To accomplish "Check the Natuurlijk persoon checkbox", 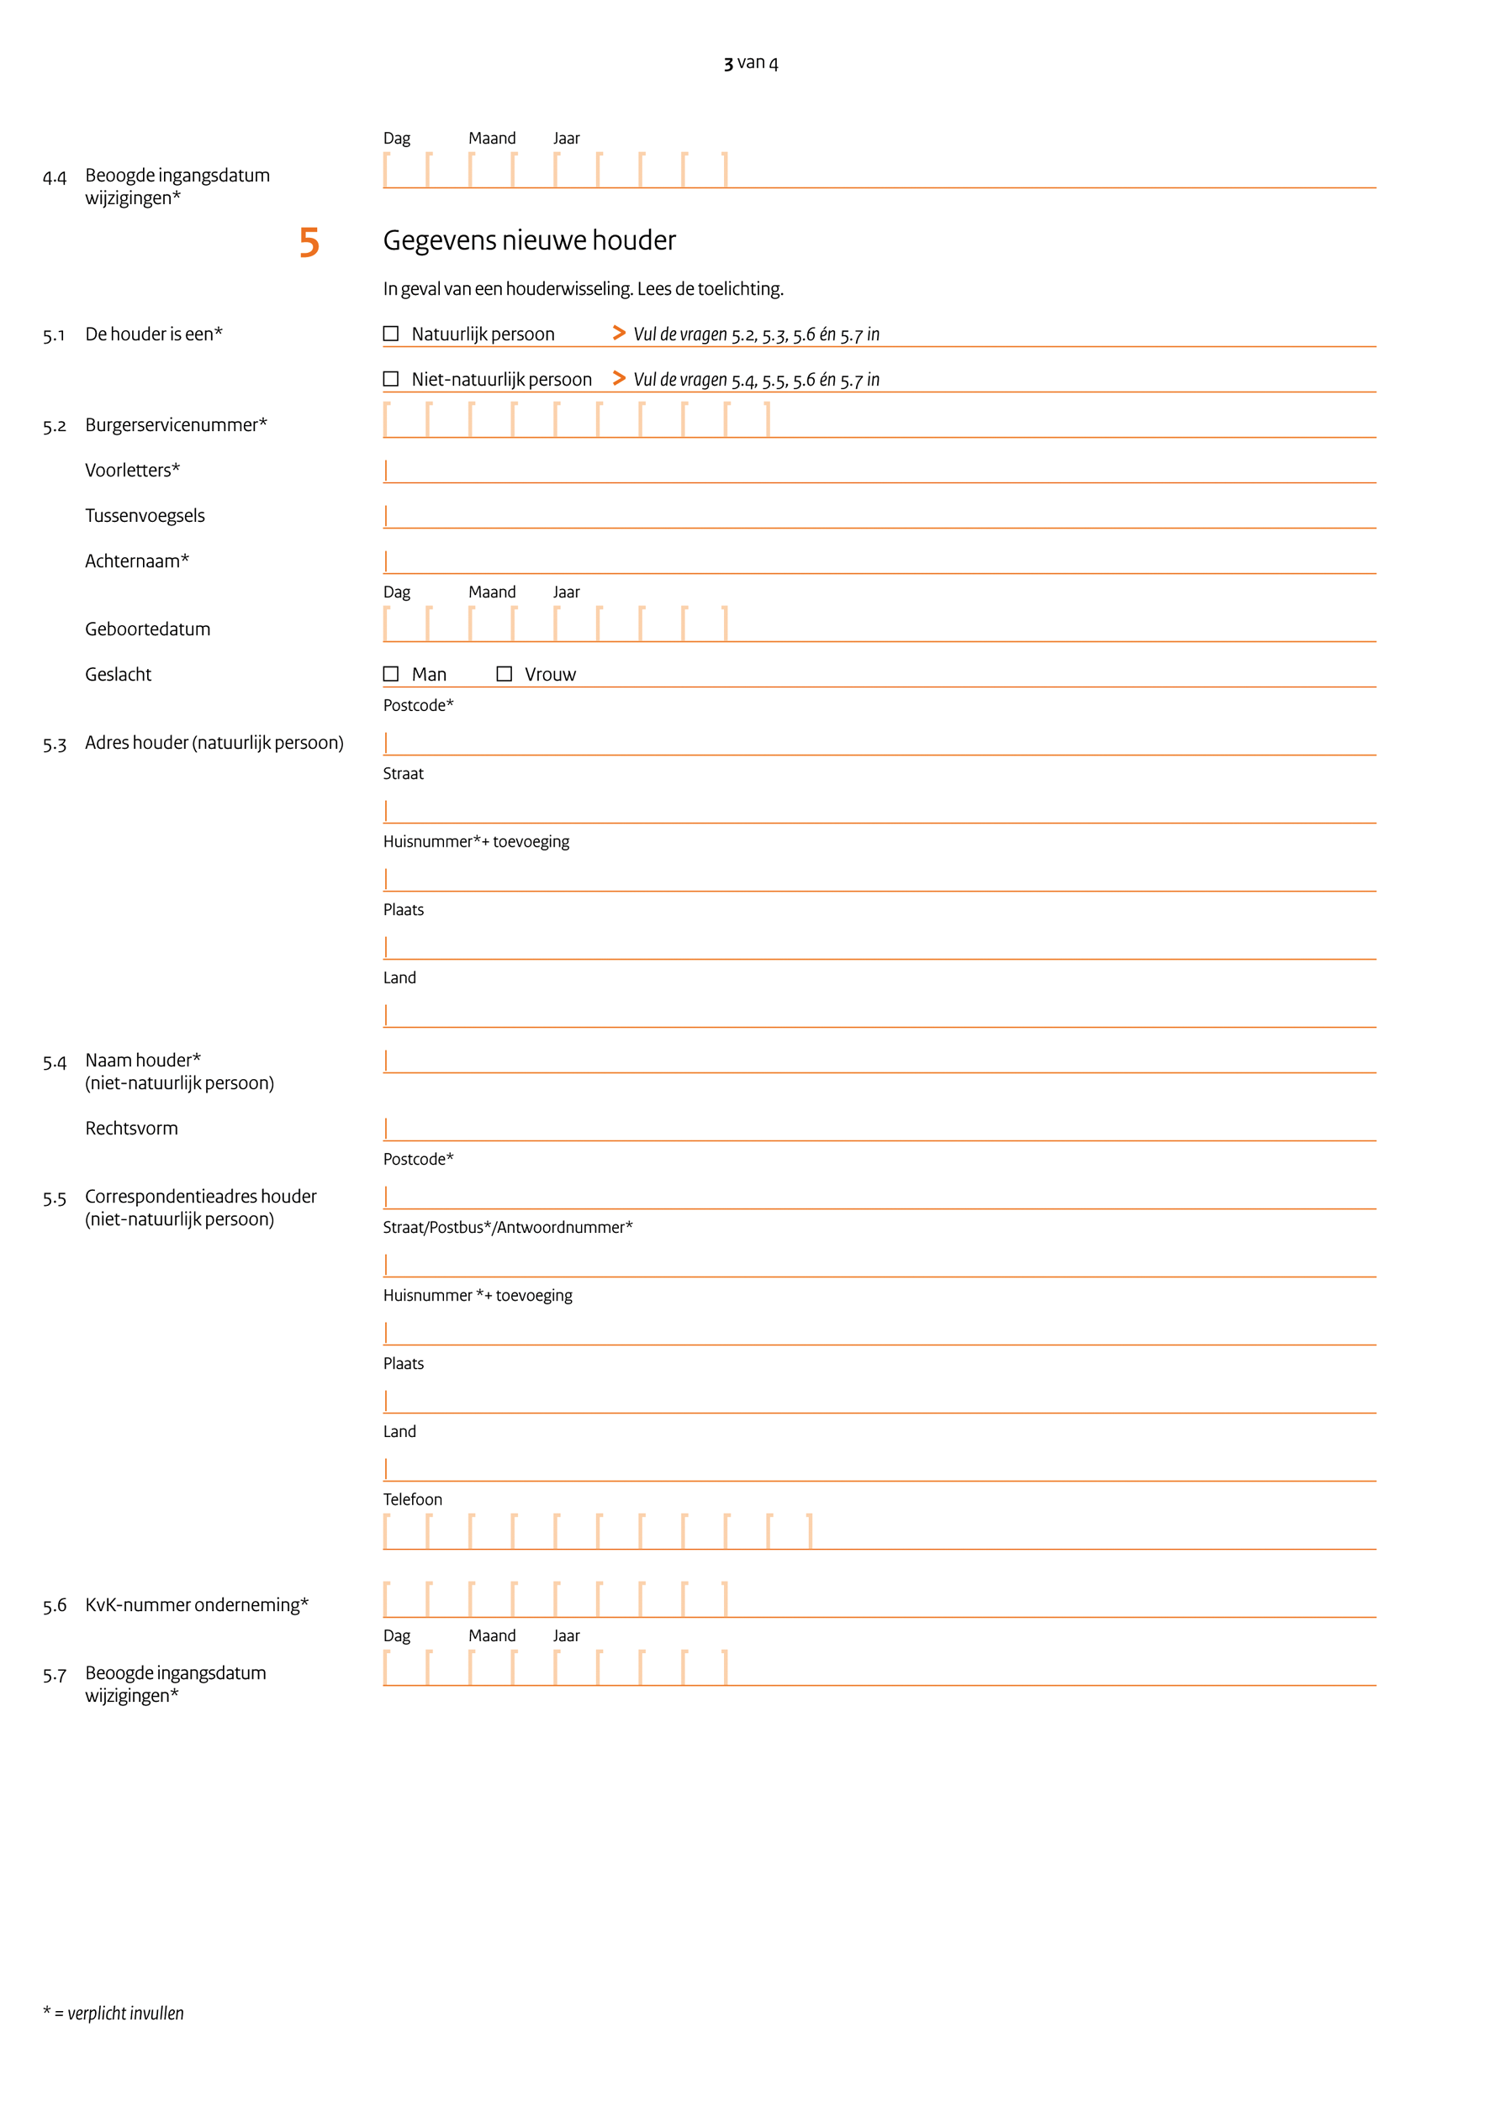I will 391,334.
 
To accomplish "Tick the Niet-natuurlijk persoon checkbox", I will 391,379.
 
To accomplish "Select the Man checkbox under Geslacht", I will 391,674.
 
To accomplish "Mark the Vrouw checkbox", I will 504,674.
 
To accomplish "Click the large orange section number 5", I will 309,243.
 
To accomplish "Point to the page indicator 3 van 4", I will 751,62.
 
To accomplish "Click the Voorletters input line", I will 879,471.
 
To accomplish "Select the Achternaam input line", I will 879,561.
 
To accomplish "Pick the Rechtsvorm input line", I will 879,1129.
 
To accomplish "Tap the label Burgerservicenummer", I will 175,424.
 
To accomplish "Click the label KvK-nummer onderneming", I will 197,1604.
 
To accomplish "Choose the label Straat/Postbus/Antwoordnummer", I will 507,1227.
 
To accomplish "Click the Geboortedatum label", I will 148,629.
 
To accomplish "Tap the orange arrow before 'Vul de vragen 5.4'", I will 620,378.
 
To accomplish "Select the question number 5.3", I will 54,744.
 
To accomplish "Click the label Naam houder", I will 142,1061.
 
